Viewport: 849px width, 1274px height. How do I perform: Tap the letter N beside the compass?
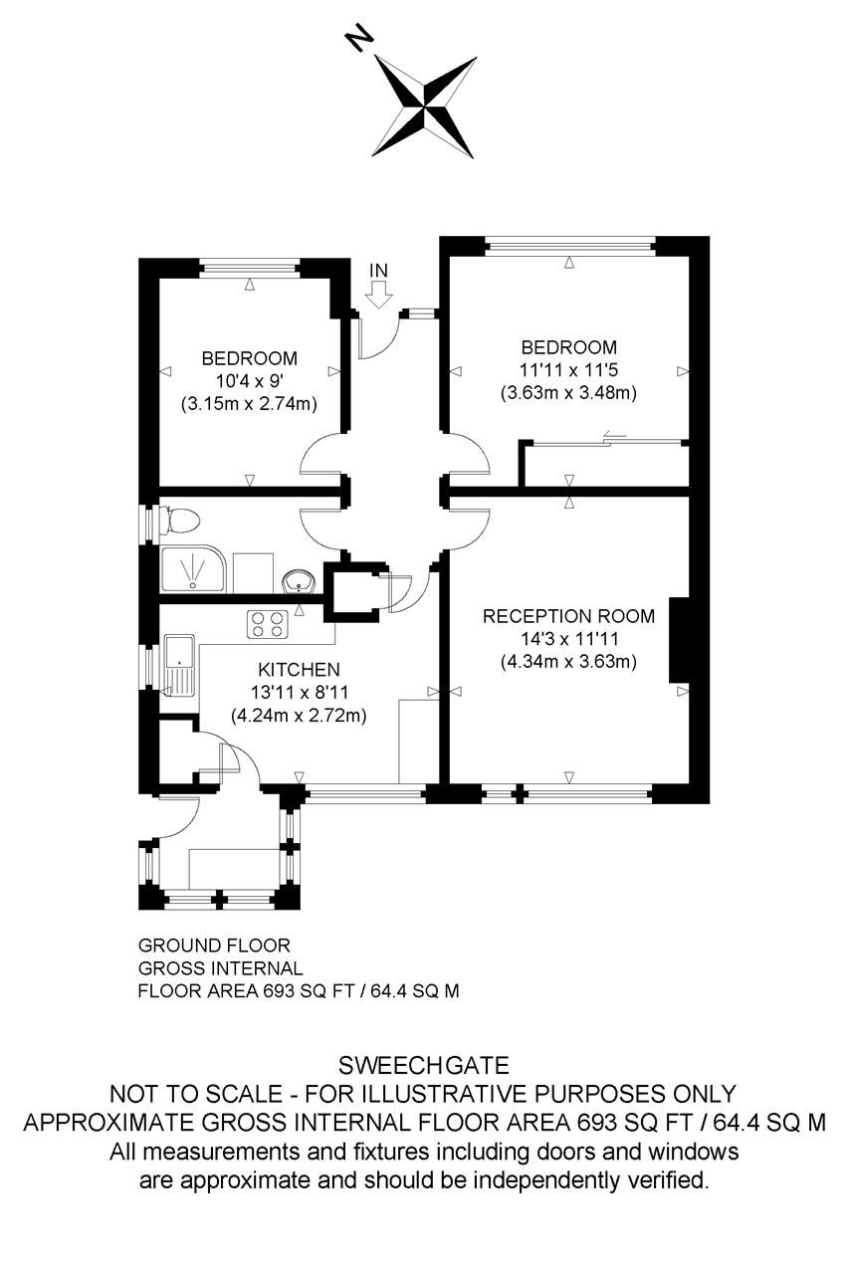(358, 39)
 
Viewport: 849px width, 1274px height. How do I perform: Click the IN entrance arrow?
(378, 294)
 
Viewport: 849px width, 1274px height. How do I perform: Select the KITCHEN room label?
(299, 669)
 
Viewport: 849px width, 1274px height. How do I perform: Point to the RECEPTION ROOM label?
(558, 616)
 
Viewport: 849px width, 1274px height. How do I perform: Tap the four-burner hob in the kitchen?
(266, 624)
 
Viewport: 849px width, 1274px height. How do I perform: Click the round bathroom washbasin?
(298, 580)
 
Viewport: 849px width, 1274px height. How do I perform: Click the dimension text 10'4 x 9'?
(249, 381)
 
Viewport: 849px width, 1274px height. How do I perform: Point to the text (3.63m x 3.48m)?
(568, 393)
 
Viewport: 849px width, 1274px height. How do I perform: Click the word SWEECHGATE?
(424, 1066)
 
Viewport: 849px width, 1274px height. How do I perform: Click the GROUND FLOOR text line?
(214, 945)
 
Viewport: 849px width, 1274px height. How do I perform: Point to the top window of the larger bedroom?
(569, 242)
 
